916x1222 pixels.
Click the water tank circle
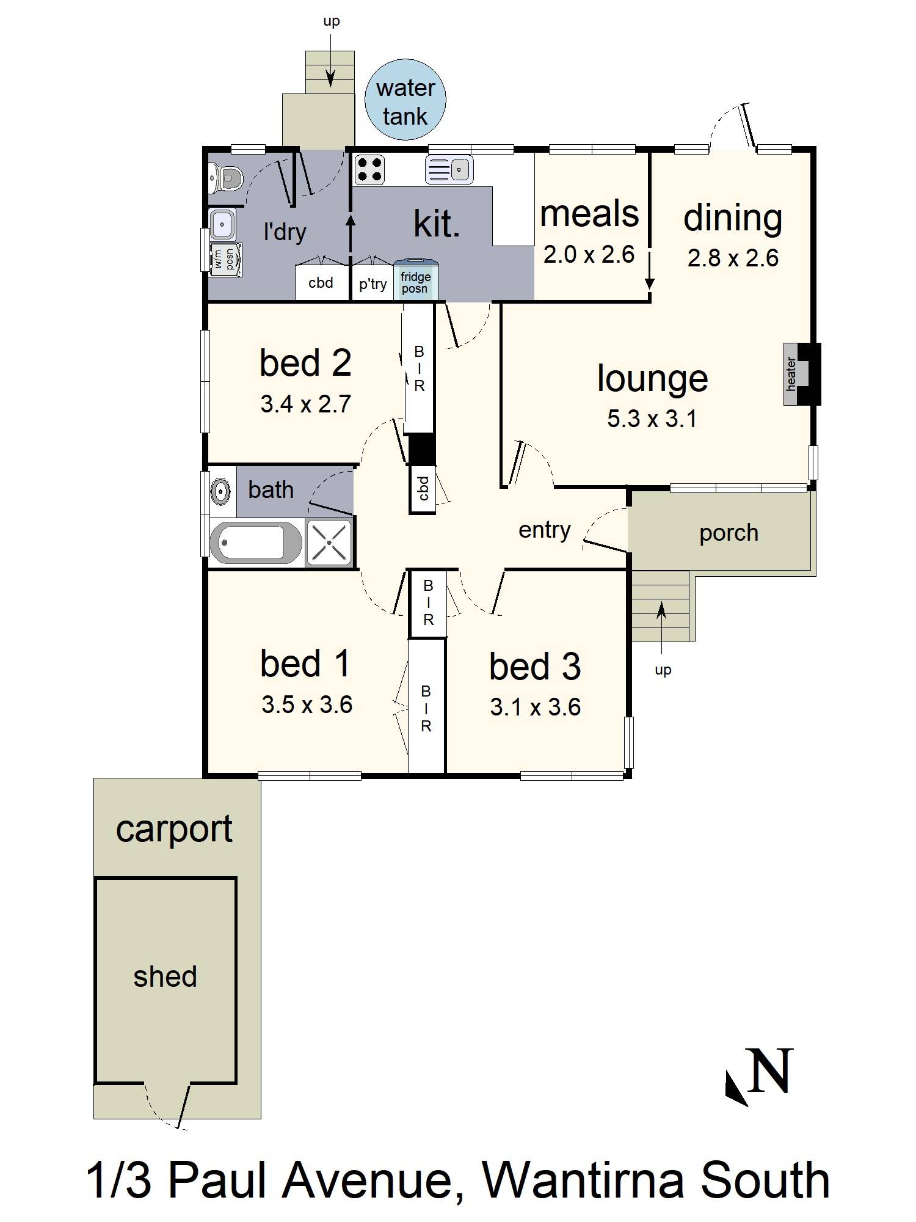click(x=405, y=100)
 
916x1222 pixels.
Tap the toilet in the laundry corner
click(x=226, y=178)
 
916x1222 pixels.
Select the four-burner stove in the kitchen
click(x=369, y=169)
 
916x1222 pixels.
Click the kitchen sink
click(x=449, y=169)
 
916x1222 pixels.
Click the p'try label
click(x=373, y=284)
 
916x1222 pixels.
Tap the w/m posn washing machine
click(x=225, y=260)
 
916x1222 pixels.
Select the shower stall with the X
click(x=329, y=542)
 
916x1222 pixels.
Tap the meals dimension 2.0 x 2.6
click(x=589, y=254)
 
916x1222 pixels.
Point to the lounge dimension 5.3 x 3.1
click(x=652, y=419)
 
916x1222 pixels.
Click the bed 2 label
click(x=305, y=363)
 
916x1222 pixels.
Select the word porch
click(x=729, y=533)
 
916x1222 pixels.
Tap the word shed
click(x=165, y=976)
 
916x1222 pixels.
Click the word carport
click(x=174, y=830)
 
